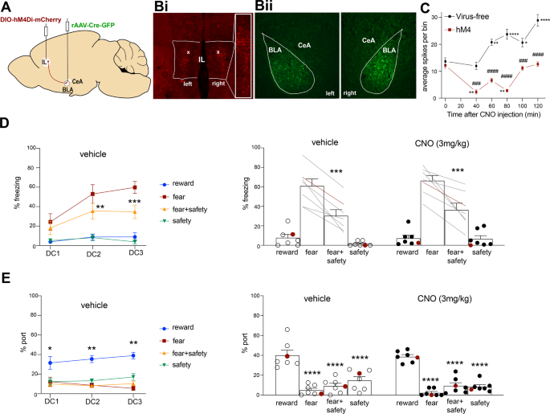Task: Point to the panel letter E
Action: click(6, 276)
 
